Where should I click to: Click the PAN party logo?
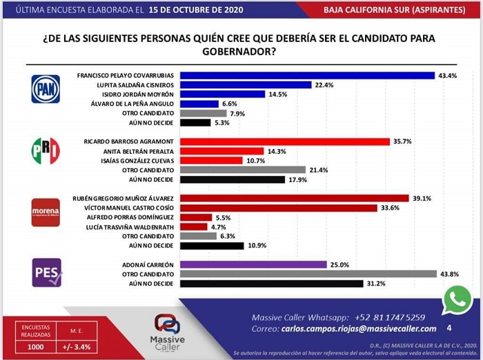[x=46, y=88]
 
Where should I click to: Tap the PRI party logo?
[x=46, y=150]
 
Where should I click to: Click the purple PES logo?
[x=46, y=272]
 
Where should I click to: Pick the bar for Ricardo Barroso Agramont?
[x=289, y=141]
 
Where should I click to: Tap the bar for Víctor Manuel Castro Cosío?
[x=283, y=207]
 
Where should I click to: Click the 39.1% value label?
[x=421, y=198]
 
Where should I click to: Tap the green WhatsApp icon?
[x=457, y=301]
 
